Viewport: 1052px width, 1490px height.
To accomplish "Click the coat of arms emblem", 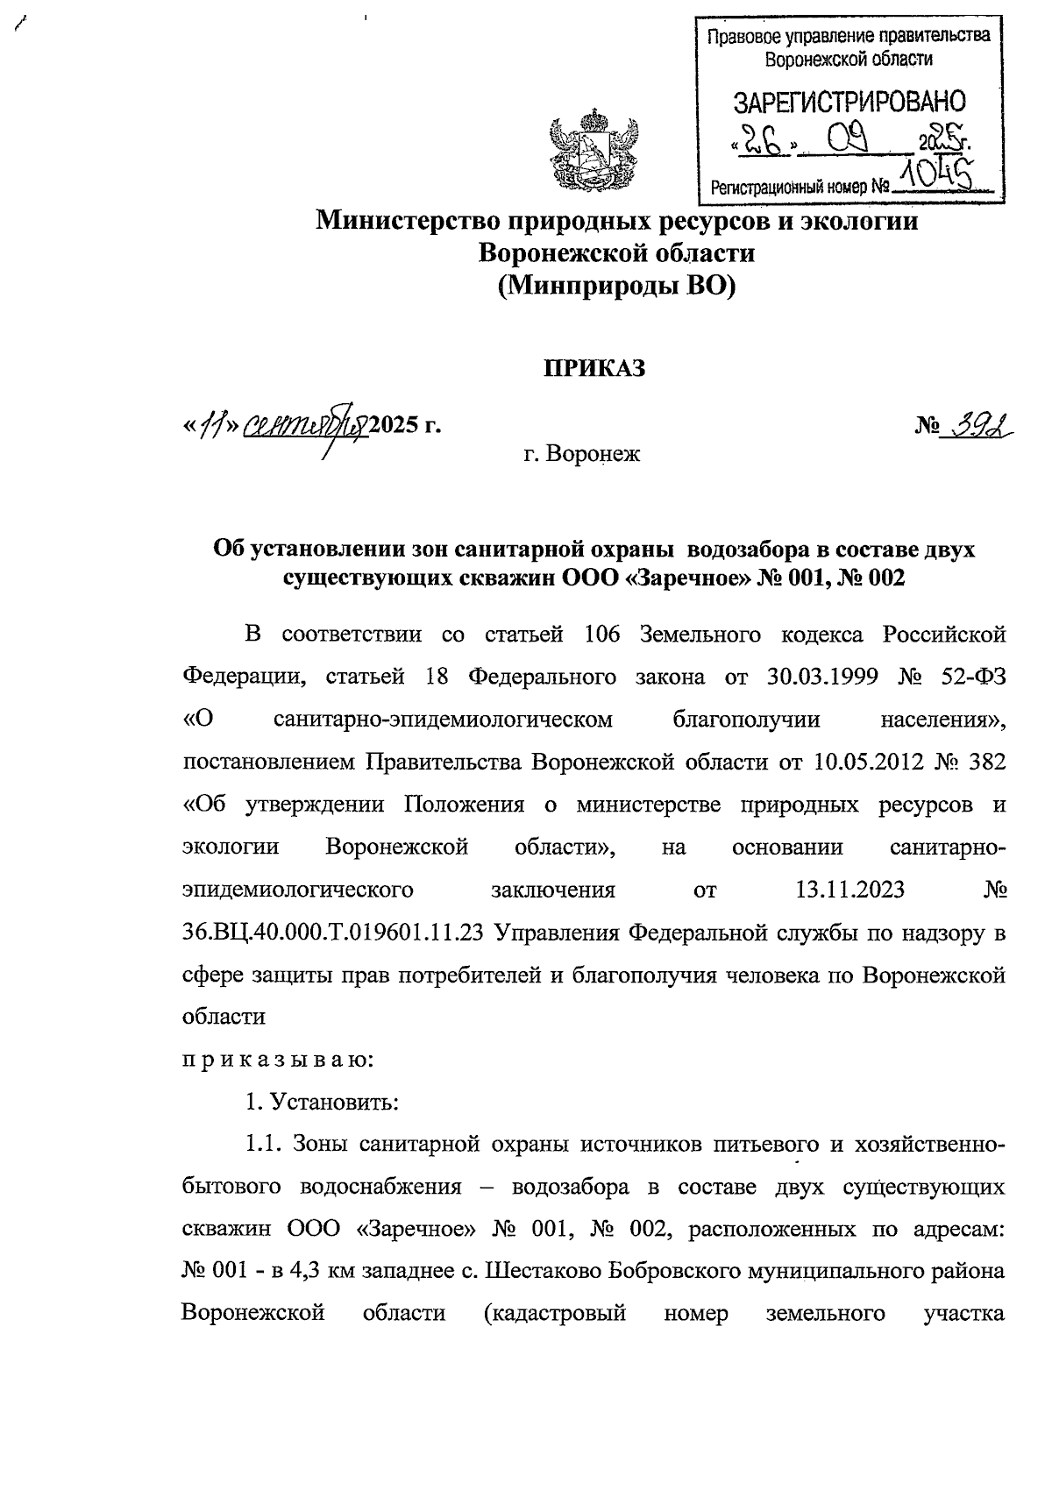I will pos(584,151).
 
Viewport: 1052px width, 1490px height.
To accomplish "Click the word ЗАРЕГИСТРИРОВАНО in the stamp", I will pos(849,102).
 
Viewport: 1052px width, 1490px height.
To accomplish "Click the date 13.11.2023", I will pos(849,890).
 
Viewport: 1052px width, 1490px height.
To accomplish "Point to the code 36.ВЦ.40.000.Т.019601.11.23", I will pos(334,933).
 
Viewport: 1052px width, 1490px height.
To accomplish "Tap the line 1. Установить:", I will pos(323,1102).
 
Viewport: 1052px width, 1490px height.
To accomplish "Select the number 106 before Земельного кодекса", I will pos(601,634).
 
